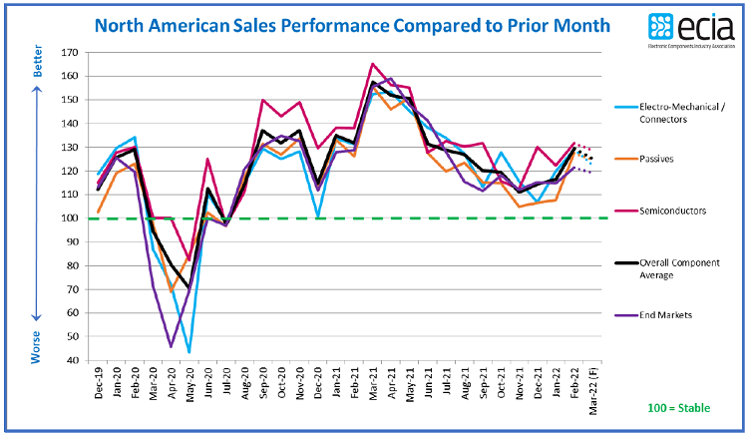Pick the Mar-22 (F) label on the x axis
point(592,389)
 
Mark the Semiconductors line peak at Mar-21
point(372,64)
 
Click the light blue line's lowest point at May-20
point(188,352)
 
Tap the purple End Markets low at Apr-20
point(171,346)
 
